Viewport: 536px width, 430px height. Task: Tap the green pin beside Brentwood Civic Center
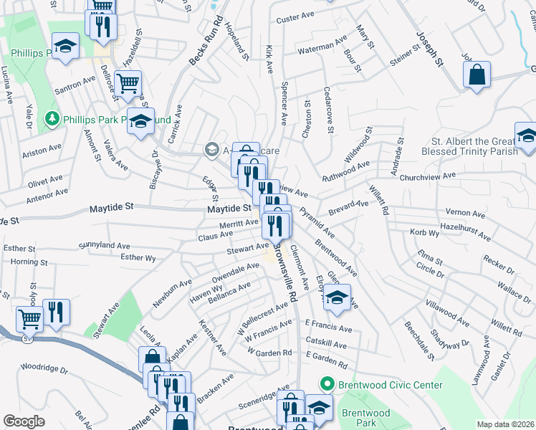(327, 385)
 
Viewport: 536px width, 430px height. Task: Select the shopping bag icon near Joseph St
(477, 75)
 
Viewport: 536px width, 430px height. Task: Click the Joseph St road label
(430, 47)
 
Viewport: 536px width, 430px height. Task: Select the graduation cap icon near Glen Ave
(335, 298)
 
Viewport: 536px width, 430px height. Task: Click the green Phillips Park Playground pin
(52, 118)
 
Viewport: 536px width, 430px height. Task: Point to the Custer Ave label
(297, 18)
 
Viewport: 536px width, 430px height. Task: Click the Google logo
(24, 421)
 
